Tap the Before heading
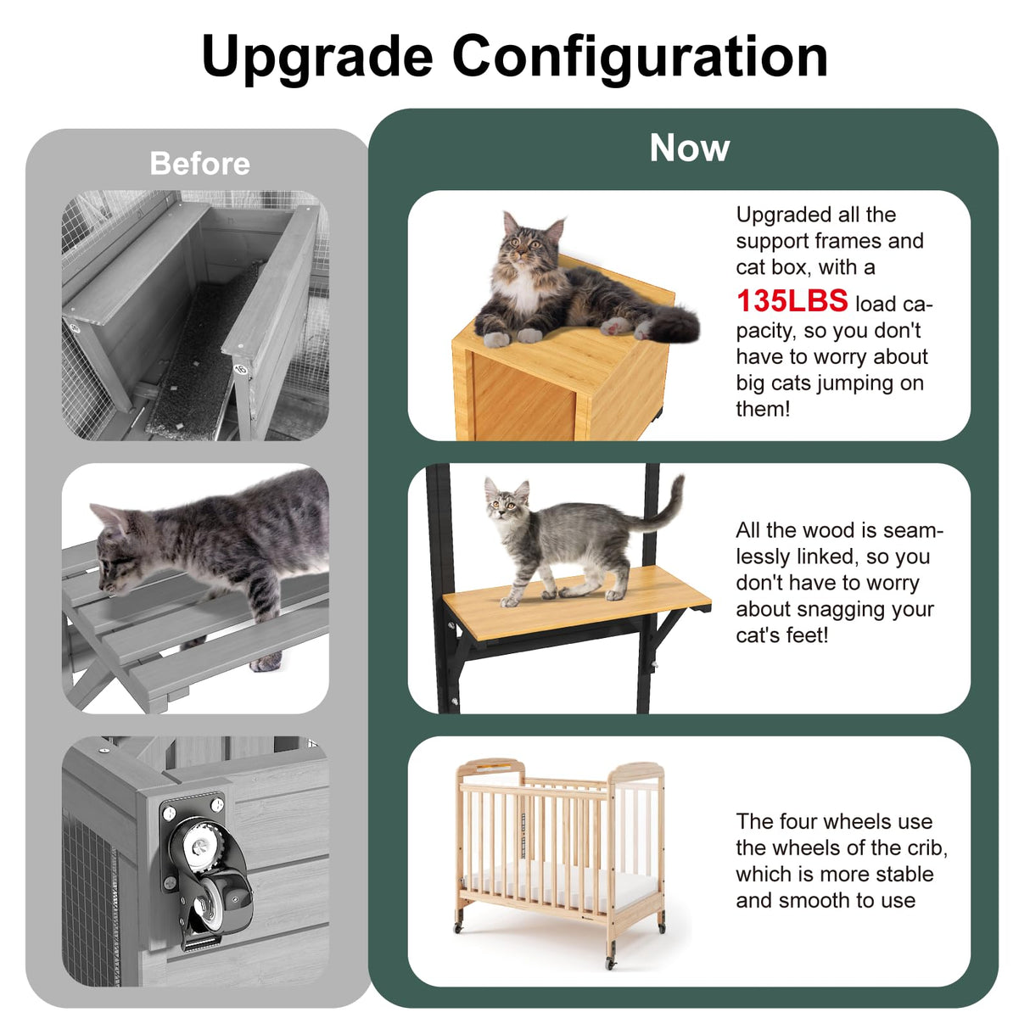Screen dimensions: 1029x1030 click(199, 163)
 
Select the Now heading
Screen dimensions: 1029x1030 click(689, 148)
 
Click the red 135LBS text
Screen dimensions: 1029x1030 click(792, 301)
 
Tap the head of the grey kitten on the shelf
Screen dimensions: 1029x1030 click(507, 506)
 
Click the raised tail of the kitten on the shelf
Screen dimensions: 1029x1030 click(669, 505)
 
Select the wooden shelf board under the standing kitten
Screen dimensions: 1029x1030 click(577, 601)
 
